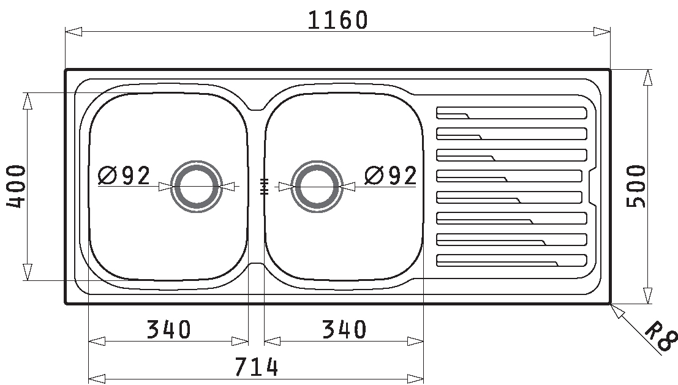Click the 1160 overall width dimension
click(337, 20)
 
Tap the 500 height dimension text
click(636, 186)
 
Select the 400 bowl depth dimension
click(16, 186)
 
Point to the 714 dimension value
click(257, 367)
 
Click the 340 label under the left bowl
click(168, 329)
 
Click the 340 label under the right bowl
click(344, 329)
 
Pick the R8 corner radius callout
click(660, 336)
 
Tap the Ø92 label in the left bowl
click(124, 175)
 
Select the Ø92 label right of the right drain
click(391, 175)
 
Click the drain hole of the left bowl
click(197, 187)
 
